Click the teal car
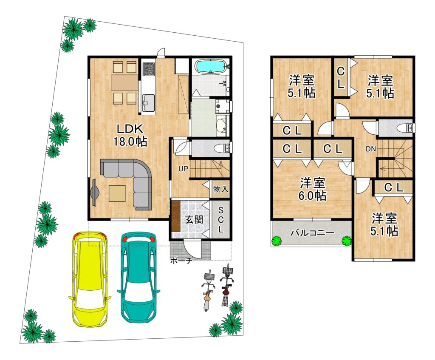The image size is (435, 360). click(x=139, y=277)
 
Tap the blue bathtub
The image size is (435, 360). click(x=211, y=66)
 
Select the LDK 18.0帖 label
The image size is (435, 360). click(x=130, y=135)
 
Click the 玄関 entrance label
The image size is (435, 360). click(x=194, y=220)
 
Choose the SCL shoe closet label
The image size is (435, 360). click(x=221, y=219)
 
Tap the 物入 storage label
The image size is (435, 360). click(x=221, y=189)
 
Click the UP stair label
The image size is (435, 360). click(x=183, y=169)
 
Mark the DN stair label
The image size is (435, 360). click(x=370, y=149)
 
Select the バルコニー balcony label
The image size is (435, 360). click(x=312, y=232)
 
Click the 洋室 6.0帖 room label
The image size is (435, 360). click(x=312, y=190)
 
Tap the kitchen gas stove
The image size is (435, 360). click(x=148, y=69)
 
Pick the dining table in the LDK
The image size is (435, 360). click(x=124, y=82)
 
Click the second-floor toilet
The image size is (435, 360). click(x=405, y=128)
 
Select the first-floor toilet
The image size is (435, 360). click(x=222, y=149)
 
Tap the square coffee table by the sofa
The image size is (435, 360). click(x=117, y=193)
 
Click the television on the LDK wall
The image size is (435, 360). click(x=94, y=192)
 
